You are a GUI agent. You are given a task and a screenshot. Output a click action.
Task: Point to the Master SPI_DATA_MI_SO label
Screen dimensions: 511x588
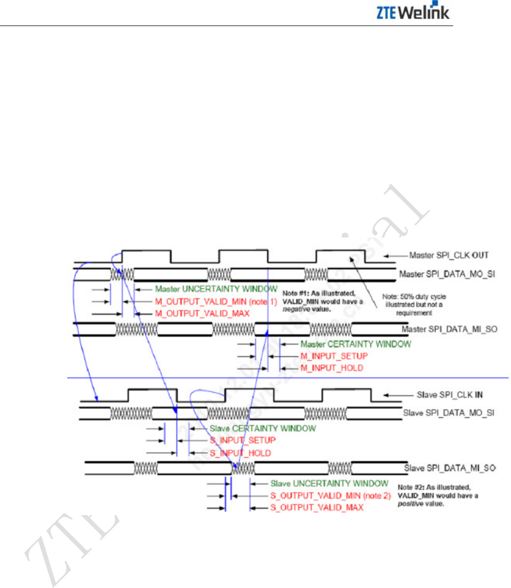pos(441,330)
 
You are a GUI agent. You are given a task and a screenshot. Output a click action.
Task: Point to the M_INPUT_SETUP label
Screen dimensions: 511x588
pos(334,356)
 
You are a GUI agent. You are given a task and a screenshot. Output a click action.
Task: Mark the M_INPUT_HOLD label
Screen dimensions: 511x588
pos(332,368)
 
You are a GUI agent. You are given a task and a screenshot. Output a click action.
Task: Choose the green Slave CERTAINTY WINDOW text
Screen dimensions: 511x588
pos(263,429)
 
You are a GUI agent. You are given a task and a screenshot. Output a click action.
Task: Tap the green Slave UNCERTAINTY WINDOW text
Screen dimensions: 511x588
pos(329,483)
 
